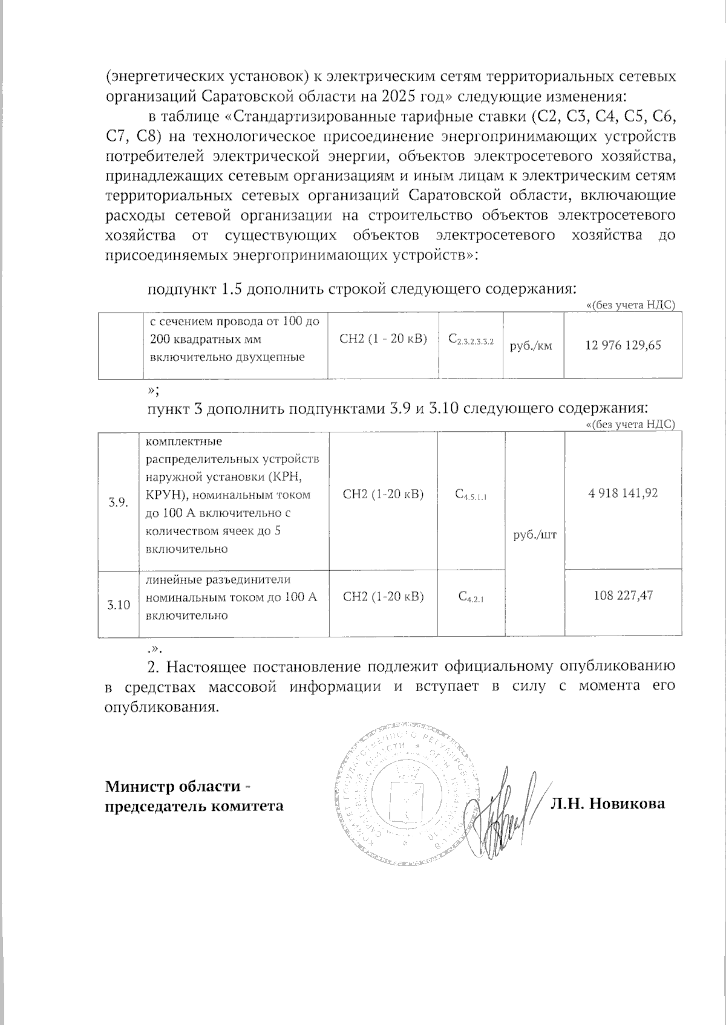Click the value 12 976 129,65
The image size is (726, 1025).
point(623,345)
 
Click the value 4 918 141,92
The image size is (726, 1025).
point(623,493)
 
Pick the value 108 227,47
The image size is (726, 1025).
point(623,596)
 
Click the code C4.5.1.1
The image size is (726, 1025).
point(470,495)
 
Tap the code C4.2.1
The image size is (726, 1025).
point(471,597)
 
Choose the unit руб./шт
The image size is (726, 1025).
point(535,536)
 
